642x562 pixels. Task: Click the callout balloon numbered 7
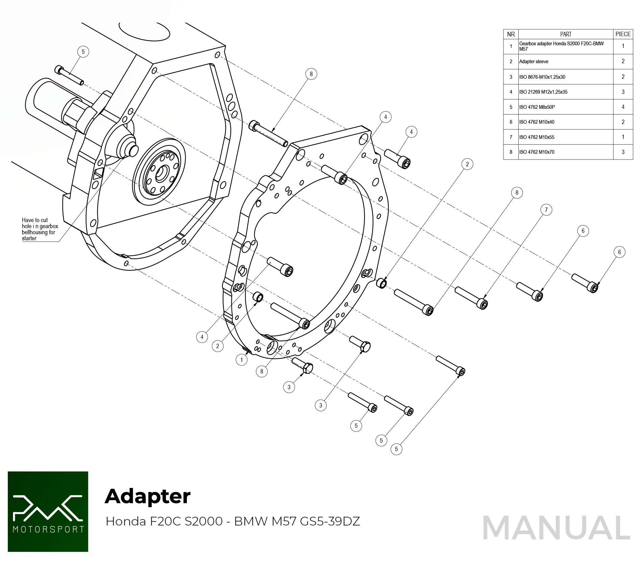(546, 210)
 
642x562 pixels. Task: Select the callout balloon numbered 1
(241, 360)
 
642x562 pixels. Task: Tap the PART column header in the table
(566, 34)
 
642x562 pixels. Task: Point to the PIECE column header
(623, 34)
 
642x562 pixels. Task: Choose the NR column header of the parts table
(511, 34)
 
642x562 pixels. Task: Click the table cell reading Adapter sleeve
(534, 62)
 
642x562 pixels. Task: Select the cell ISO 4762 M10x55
(537, 137)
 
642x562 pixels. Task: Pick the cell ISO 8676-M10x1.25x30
(542, 77)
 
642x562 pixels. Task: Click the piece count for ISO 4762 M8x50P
(623, 107)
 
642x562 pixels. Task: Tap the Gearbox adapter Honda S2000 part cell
(561, 46)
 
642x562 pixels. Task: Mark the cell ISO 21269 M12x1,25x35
(543, 92)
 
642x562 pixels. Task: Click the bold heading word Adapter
(148, 496)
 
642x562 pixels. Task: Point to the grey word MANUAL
(556, 528)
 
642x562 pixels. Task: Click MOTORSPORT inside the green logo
(48, 529)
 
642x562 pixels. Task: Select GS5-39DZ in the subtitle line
(330, 521)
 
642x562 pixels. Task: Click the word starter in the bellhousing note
(29, 239)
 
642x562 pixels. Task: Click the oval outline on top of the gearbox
(145, 31)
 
